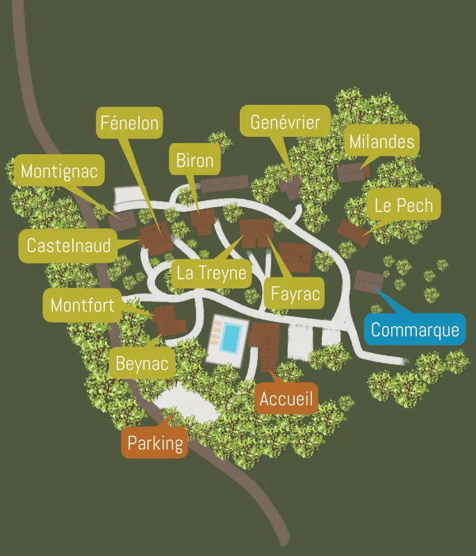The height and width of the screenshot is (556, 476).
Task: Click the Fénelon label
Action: point(130,124)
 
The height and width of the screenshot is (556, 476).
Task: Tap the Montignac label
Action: point(59,171)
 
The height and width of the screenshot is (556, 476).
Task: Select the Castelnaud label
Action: point(68,245)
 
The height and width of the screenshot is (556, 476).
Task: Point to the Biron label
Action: point(195,161)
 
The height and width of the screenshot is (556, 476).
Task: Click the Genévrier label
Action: point(285,123)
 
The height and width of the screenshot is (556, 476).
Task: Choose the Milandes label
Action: point(381,142)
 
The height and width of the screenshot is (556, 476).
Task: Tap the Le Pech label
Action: point(403,205)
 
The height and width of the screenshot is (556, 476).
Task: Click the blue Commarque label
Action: point(415,329)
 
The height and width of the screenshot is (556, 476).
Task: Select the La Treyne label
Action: point(211,272)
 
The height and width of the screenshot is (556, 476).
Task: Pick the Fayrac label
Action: point(295,293)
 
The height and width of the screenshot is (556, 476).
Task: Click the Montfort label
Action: point(82,305)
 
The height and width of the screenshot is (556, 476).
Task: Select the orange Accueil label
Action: point(286,399)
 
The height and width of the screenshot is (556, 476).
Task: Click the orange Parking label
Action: point(155,443)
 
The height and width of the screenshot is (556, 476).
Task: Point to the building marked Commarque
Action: point(367,281)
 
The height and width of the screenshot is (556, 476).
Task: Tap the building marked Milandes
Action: point(352,171)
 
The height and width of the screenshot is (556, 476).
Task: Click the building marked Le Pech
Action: point(352,231)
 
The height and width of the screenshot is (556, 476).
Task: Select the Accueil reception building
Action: point(265,343)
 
